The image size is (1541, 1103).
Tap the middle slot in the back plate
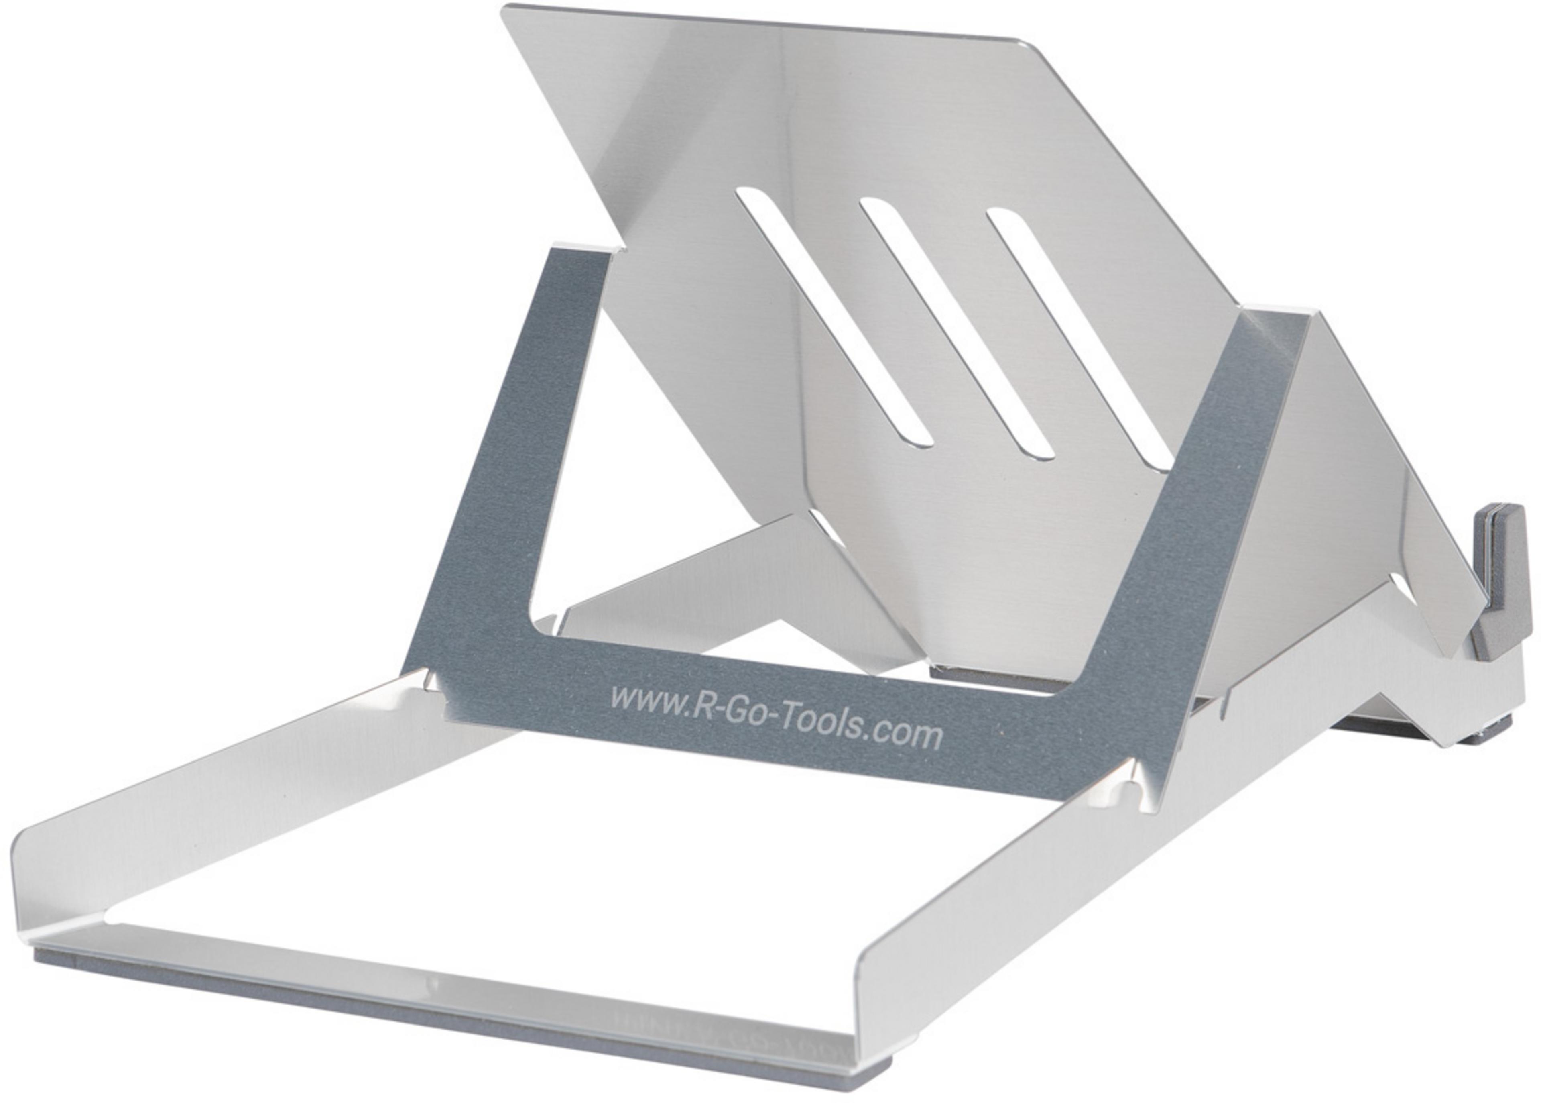click(x=957, y=326)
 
